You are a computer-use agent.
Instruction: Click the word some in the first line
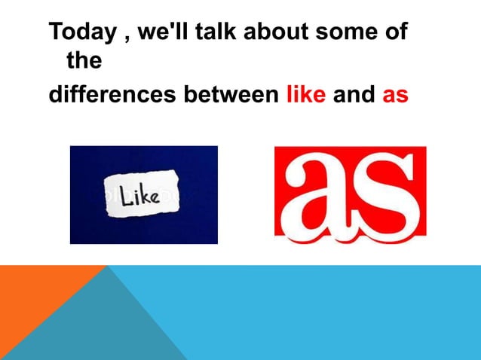[348, 32]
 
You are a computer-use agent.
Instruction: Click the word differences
[110, 96]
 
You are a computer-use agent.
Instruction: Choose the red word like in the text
[306, 96]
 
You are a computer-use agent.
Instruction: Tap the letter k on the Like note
[146, 197]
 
